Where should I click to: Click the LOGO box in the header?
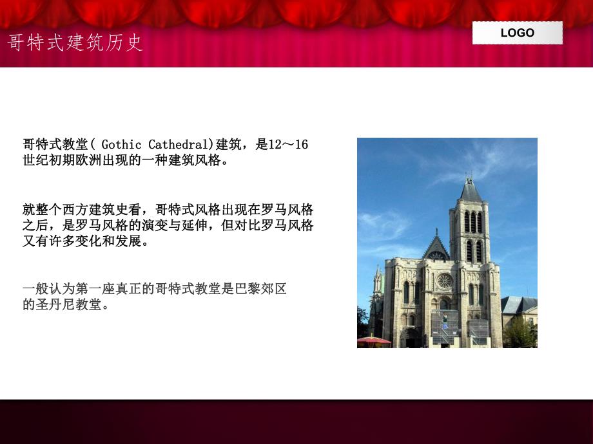[517, 33]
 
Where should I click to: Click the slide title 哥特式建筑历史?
[75, 42]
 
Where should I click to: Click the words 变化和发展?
[113, 241]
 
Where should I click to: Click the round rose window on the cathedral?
[444, 281]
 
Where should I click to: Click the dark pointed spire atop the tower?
[470, 189]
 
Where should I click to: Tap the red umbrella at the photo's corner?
[373, 340]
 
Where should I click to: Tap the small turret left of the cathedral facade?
[378, 283]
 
